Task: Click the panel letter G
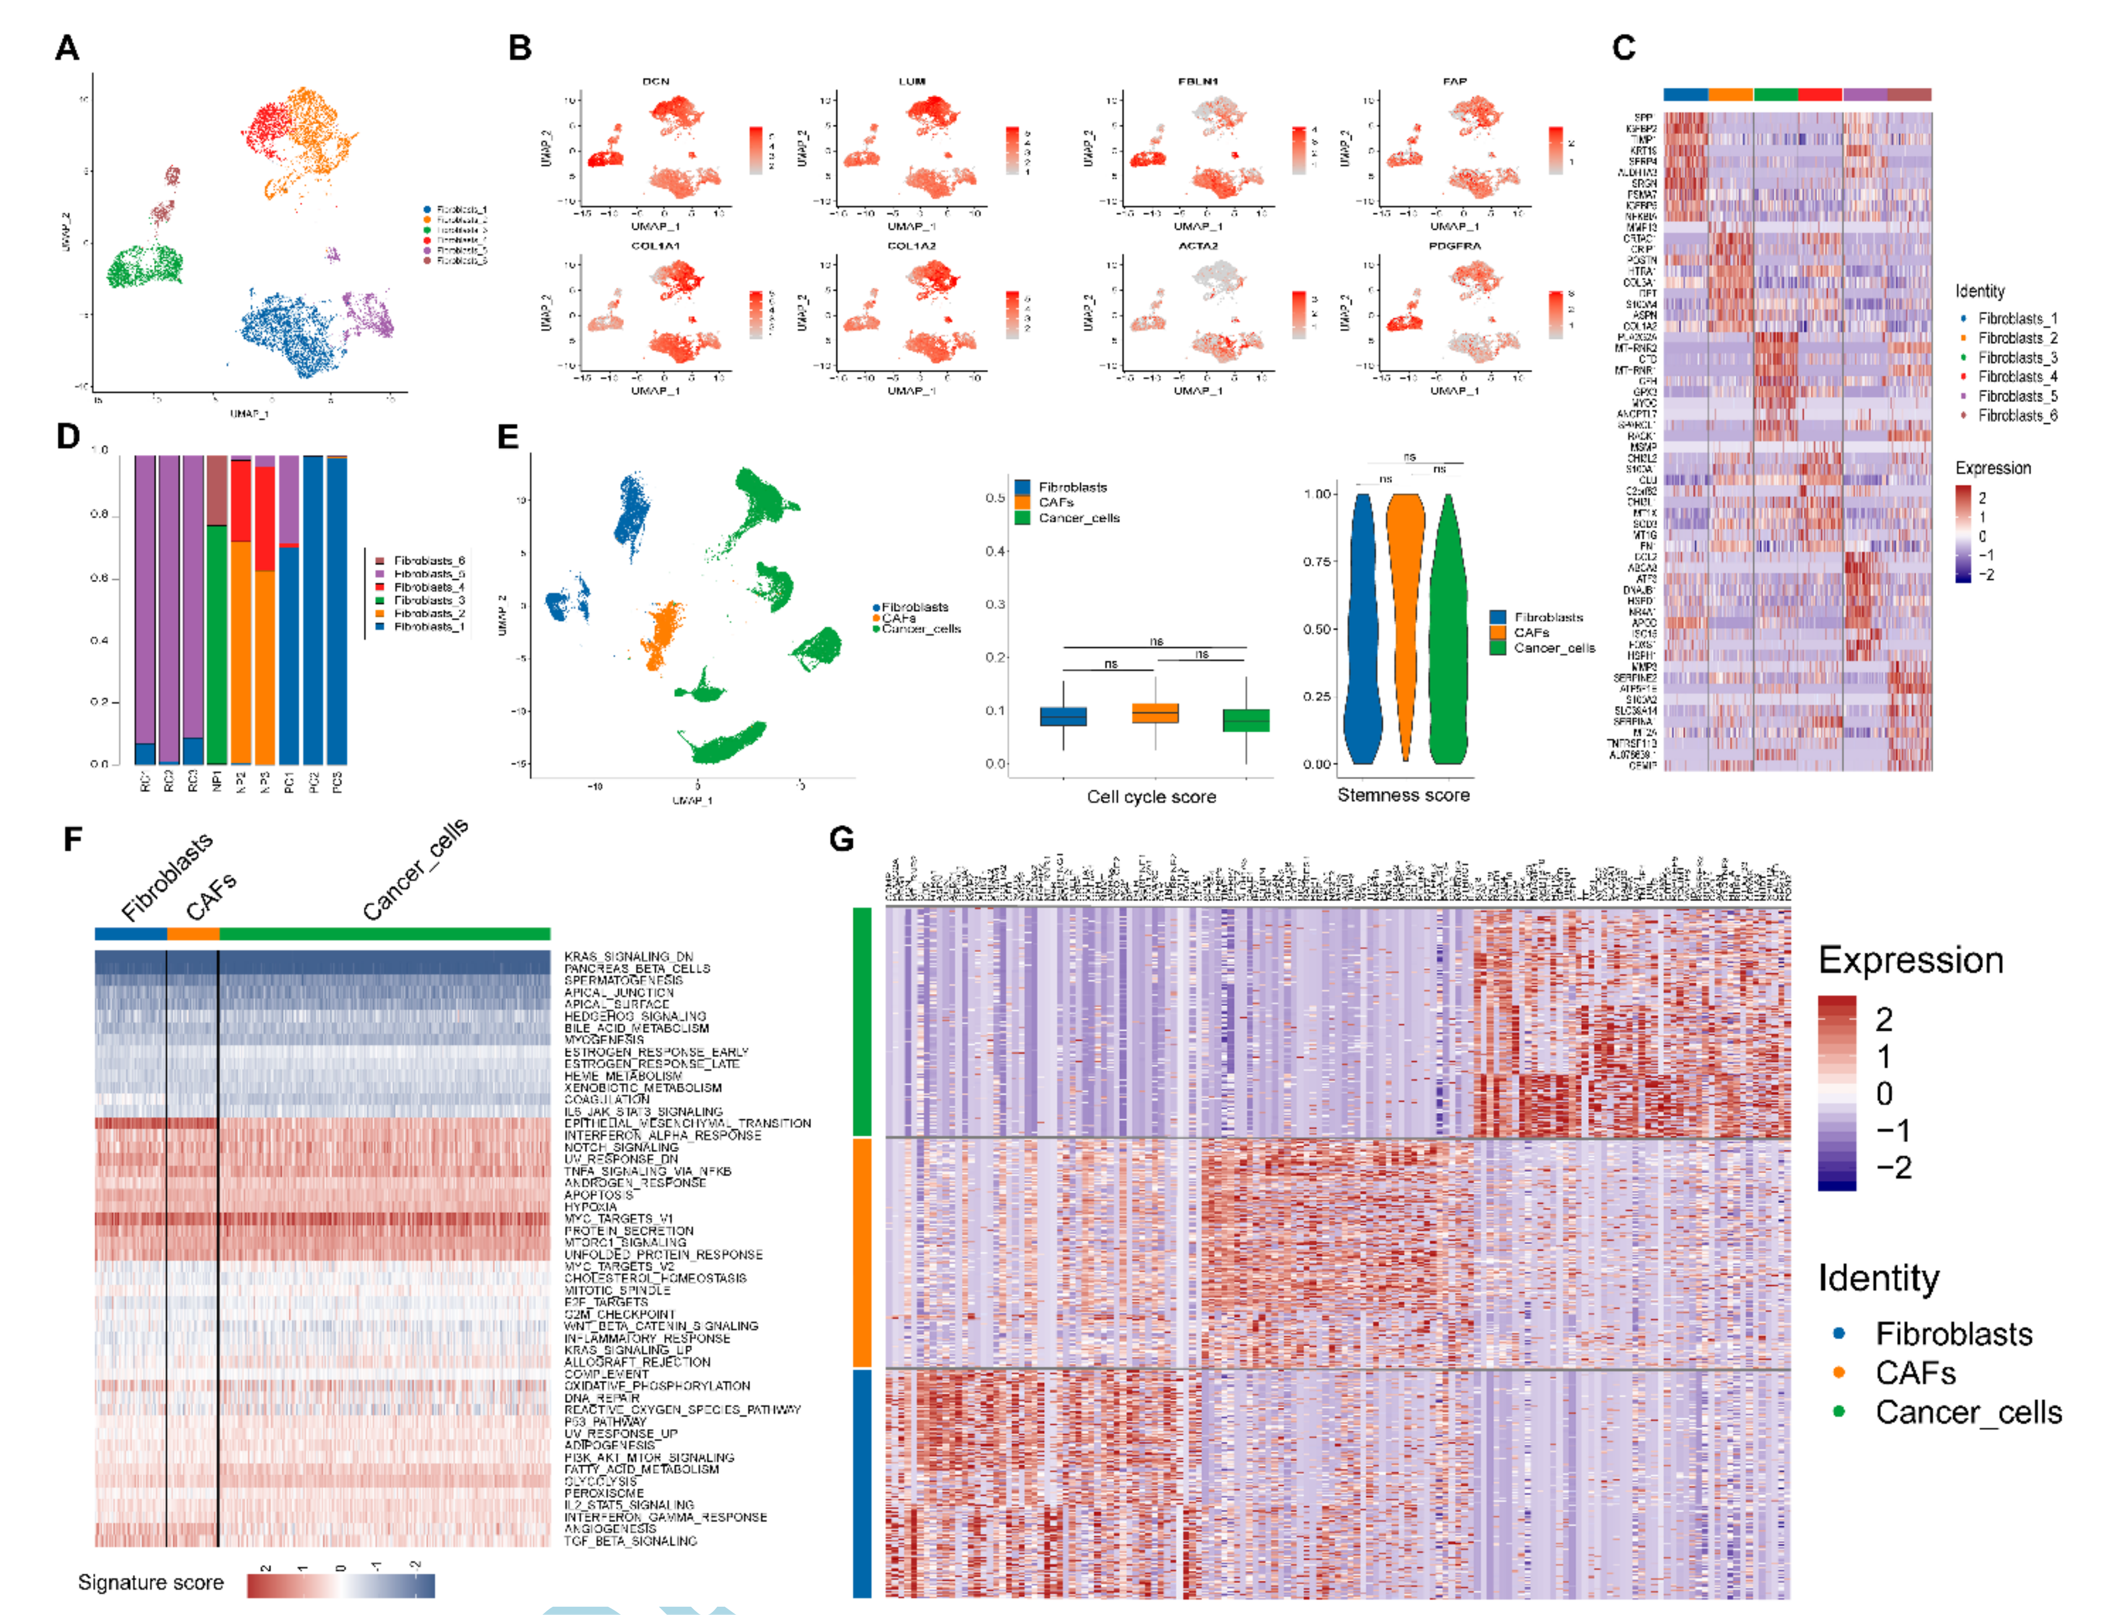pos(841,839)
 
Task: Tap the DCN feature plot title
pos(656,82)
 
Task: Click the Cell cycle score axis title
pos(1151,797)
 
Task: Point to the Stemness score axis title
pos(1403,795)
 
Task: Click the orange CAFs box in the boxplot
pos(1155,713)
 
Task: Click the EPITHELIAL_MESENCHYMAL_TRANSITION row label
pos(687,1123)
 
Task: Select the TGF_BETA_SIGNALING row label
pos(630,1541)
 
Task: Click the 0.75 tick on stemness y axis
pos(1316,562)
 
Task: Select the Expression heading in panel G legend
pos(1911,960)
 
